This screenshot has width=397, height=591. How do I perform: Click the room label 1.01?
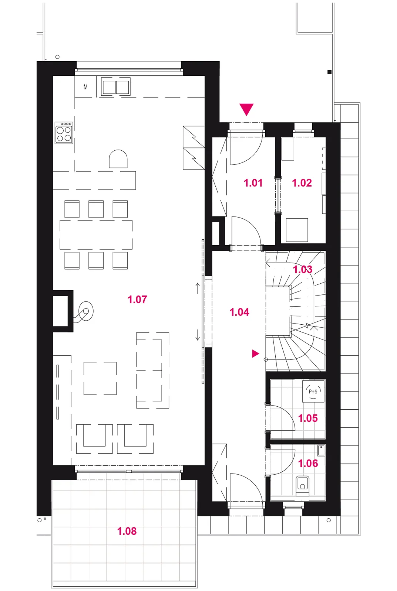click(x=253, y=183)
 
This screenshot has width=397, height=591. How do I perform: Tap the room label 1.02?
click(x=302, y=183)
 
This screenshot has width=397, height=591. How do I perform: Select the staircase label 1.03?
click(x=303, y=269)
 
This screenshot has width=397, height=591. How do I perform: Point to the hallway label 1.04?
click(x=239, y=312)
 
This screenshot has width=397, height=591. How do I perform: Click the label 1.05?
click(x=308, y=418)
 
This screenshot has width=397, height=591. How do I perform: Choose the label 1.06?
click(x=308, y=463)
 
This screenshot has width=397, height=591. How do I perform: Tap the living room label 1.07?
click(x=137, y=300)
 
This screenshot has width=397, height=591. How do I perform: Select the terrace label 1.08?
click(x=127, y=531)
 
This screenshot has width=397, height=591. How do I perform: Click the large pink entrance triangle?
click(x=247, y=109)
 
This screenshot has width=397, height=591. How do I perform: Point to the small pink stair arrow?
click(x=256, y=353)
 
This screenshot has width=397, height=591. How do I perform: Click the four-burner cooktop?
click(x=64, y=133)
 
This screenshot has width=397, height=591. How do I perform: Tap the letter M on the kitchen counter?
click(x=85, y=87)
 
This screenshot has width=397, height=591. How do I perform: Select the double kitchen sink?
click(x=115, y=87)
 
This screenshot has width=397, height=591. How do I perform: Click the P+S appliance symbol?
click(x=313, y=391)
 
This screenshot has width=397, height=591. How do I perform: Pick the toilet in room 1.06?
click(x=303, y=486)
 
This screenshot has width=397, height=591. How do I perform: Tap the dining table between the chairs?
click(x=96, y=235)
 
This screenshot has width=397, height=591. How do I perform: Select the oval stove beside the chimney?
click(x=85, y=311)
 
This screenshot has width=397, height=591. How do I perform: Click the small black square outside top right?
click(x=329, y=72)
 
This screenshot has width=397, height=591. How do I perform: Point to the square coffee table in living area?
click(x=100, y=378)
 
